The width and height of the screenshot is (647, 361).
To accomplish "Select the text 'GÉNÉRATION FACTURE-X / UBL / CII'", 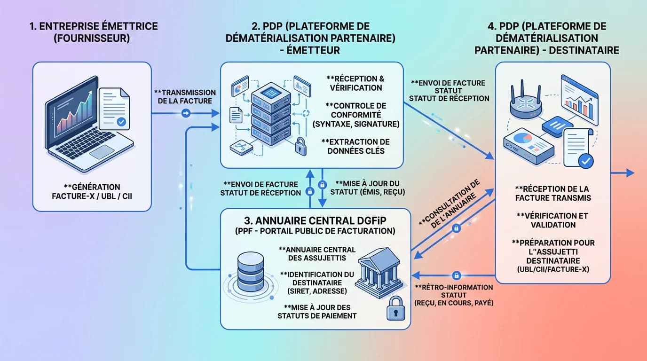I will coord(92,191).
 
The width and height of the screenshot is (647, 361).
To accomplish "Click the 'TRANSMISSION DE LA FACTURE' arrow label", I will coord(184,96).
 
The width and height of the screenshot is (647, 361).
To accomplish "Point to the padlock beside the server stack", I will coord(300,146).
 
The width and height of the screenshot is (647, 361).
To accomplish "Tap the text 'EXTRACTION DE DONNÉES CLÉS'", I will coord(355,146).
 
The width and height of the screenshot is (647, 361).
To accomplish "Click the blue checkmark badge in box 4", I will coord(585,161).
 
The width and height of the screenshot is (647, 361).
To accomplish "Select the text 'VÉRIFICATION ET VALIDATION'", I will coord(553,220).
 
